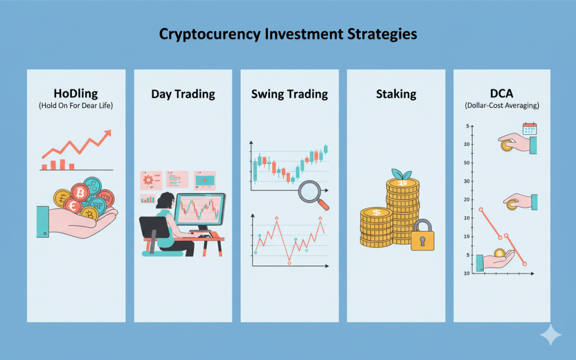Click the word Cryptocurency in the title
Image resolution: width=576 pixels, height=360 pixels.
tap(210, 34)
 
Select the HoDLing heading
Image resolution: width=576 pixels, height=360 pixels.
tap(76, 94)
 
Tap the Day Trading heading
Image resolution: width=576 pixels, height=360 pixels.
tap(183, 94)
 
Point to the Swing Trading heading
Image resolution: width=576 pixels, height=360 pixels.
tap(290, 94)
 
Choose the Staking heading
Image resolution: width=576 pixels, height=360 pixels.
tap(396, 94)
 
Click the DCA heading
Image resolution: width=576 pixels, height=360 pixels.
tap(502, 93)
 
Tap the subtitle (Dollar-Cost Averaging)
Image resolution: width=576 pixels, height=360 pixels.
tap(502, 106)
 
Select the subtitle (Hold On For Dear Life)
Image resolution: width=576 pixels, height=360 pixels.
tap(76, 106)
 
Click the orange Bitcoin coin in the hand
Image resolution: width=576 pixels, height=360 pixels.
tap(80, 192)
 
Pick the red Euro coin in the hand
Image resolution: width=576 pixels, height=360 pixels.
tap(73, 206)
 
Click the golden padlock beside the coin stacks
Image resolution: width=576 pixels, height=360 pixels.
tap(422, 236)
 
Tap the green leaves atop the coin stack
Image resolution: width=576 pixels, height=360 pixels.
tap(402, 174)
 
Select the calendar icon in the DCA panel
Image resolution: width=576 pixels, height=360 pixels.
tap(529, 129)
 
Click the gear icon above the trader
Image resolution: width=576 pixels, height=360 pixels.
tap(148, 180)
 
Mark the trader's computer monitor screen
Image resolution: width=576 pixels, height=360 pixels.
tap(199, 209)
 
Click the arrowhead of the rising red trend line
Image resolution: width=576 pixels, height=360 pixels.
tap(107, 133)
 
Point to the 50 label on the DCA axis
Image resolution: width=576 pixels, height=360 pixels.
tap(467, 163)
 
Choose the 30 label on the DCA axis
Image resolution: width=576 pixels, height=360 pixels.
tap(467, 181)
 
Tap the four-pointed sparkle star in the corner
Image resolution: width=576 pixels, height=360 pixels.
tap(551, 335)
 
